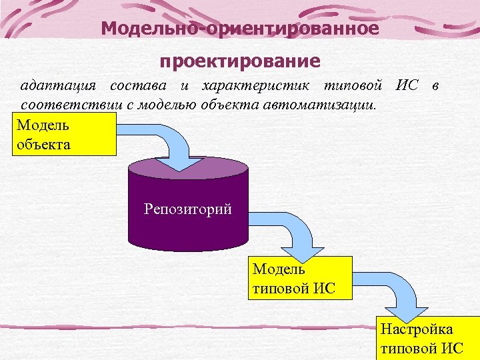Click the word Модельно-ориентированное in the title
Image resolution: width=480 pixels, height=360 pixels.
(x=240, y=29)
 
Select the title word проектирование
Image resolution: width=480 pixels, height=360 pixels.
(x=240, y=61)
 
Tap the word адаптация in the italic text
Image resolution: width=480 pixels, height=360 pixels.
(x=59, y=86)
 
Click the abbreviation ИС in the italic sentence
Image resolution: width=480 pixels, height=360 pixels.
(x=407, y=86)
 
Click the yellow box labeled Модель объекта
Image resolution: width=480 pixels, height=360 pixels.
(x=64, y=133)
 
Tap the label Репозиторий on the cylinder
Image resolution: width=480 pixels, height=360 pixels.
(x=187, y=209)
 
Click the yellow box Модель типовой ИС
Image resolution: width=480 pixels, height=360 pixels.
(x=299, y=279)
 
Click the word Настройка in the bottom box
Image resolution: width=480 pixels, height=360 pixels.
(x=417, y=329)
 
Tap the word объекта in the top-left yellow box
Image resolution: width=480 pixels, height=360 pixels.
(x=43, y=143)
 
